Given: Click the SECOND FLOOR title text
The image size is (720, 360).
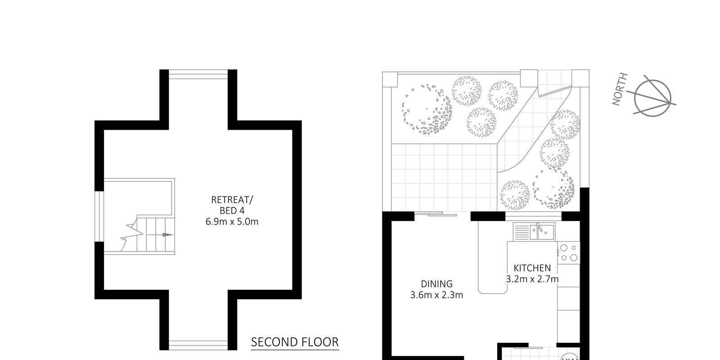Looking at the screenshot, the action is point(295,342).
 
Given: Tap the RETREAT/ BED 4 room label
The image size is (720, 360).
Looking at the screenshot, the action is point(232,205).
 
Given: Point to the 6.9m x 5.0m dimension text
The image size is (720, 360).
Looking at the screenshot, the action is point(232,221).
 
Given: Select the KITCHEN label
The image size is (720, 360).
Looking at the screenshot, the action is point(532,268).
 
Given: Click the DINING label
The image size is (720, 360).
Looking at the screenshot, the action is point(436,284).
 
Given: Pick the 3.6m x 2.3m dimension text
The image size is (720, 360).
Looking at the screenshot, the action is point(436,295).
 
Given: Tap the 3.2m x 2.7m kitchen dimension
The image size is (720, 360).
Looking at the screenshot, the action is point(532,279).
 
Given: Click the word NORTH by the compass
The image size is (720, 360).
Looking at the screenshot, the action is point(620,89).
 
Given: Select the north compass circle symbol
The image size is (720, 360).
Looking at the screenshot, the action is point(652,98).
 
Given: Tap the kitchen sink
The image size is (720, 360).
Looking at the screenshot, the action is point(542,232).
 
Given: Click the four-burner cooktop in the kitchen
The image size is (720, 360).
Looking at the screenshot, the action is point(569,252).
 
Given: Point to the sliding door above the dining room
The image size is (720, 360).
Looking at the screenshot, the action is point(436,214).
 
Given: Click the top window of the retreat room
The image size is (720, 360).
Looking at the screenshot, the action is point(198,74).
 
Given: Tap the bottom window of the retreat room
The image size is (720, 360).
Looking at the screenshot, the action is point(198,345).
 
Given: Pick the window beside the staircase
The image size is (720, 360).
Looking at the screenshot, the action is point(99,216).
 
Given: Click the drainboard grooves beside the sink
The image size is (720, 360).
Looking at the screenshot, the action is point(522,232).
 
